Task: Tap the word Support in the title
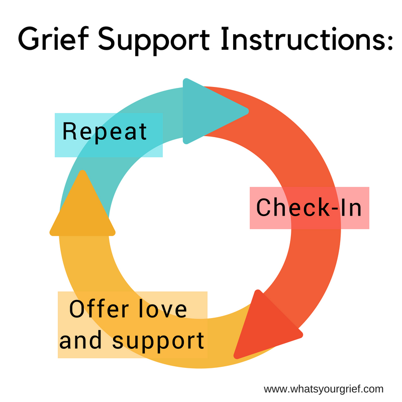pos(154,41)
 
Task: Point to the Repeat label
pos(105,132)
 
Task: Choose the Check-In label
pos(309,208)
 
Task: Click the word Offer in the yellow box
pos(98,309)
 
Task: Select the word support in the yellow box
pos(158,341)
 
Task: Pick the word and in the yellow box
pos(80,340)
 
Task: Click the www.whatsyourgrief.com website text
pos(324,389)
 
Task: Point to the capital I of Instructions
pos(224,39)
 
